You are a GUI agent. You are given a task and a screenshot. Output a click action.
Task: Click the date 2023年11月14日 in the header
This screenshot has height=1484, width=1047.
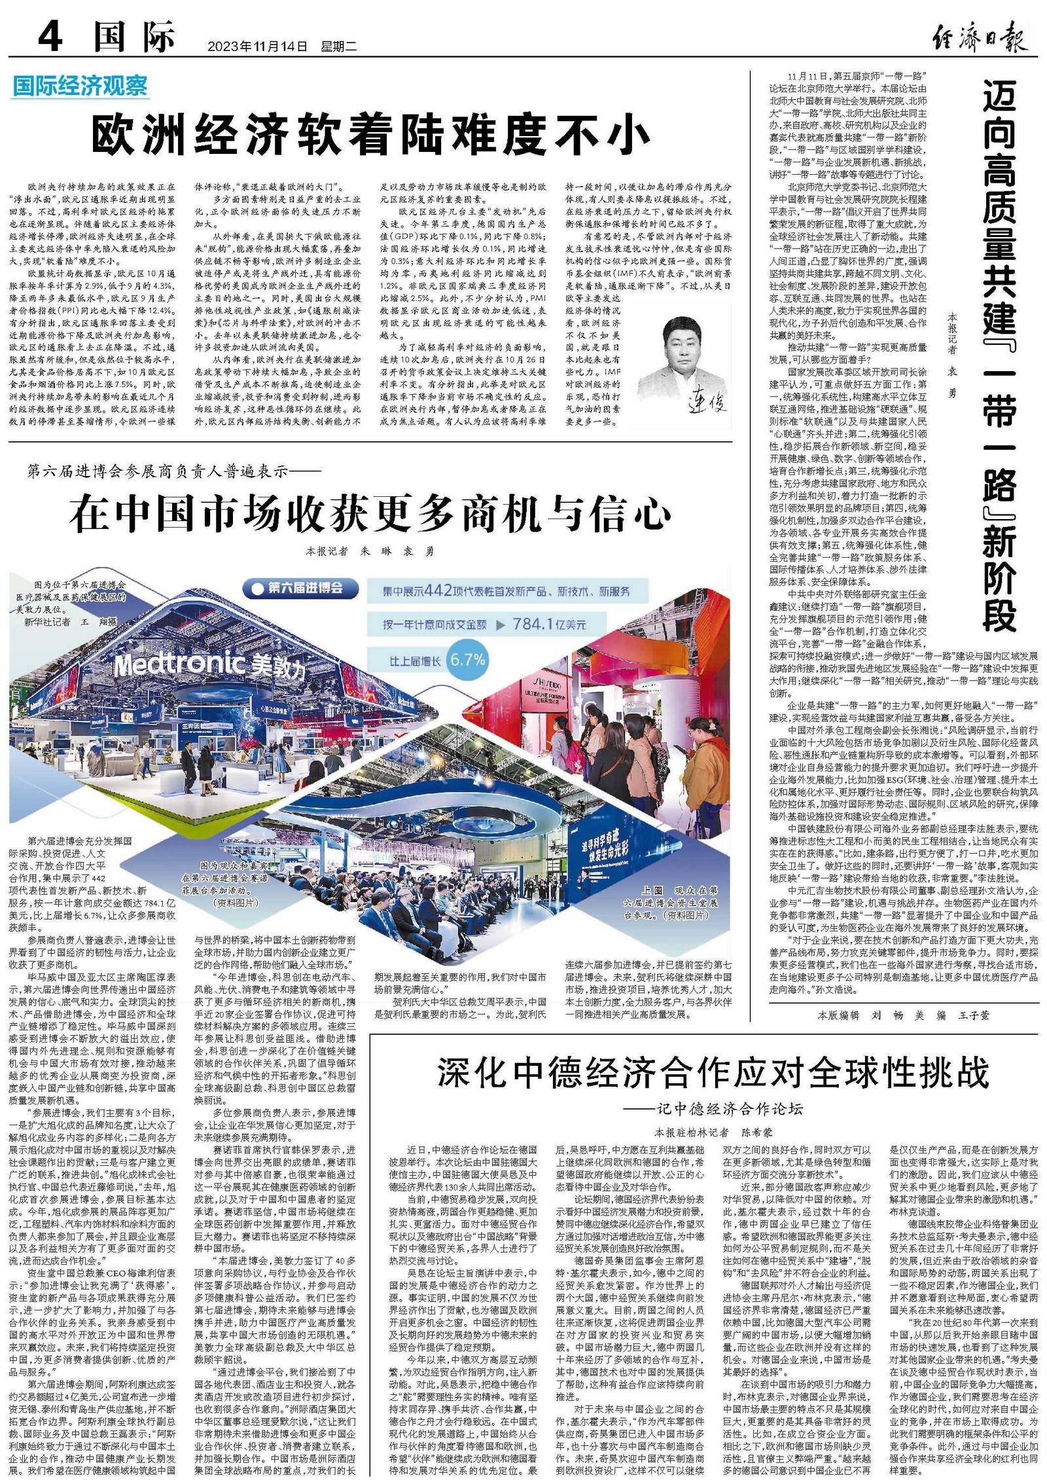[257, 46]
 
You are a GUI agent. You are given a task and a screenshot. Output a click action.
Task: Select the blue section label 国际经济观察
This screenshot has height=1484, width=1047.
[80, 86]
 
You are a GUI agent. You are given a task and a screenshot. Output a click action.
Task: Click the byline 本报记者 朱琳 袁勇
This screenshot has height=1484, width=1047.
[370, 551]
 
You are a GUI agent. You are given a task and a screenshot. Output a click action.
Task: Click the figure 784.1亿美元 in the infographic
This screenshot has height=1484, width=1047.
[548, 624]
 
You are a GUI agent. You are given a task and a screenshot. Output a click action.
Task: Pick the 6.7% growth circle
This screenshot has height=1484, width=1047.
[467, 659]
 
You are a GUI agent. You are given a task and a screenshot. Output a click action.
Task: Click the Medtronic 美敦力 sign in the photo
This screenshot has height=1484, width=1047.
[209, 665]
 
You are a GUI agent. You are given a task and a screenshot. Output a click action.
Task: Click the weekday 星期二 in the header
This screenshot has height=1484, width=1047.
[338, 46]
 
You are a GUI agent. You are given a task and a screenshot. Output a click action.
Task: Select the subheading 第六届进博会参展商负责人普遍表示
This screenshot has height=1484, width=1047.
[174, 471]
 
